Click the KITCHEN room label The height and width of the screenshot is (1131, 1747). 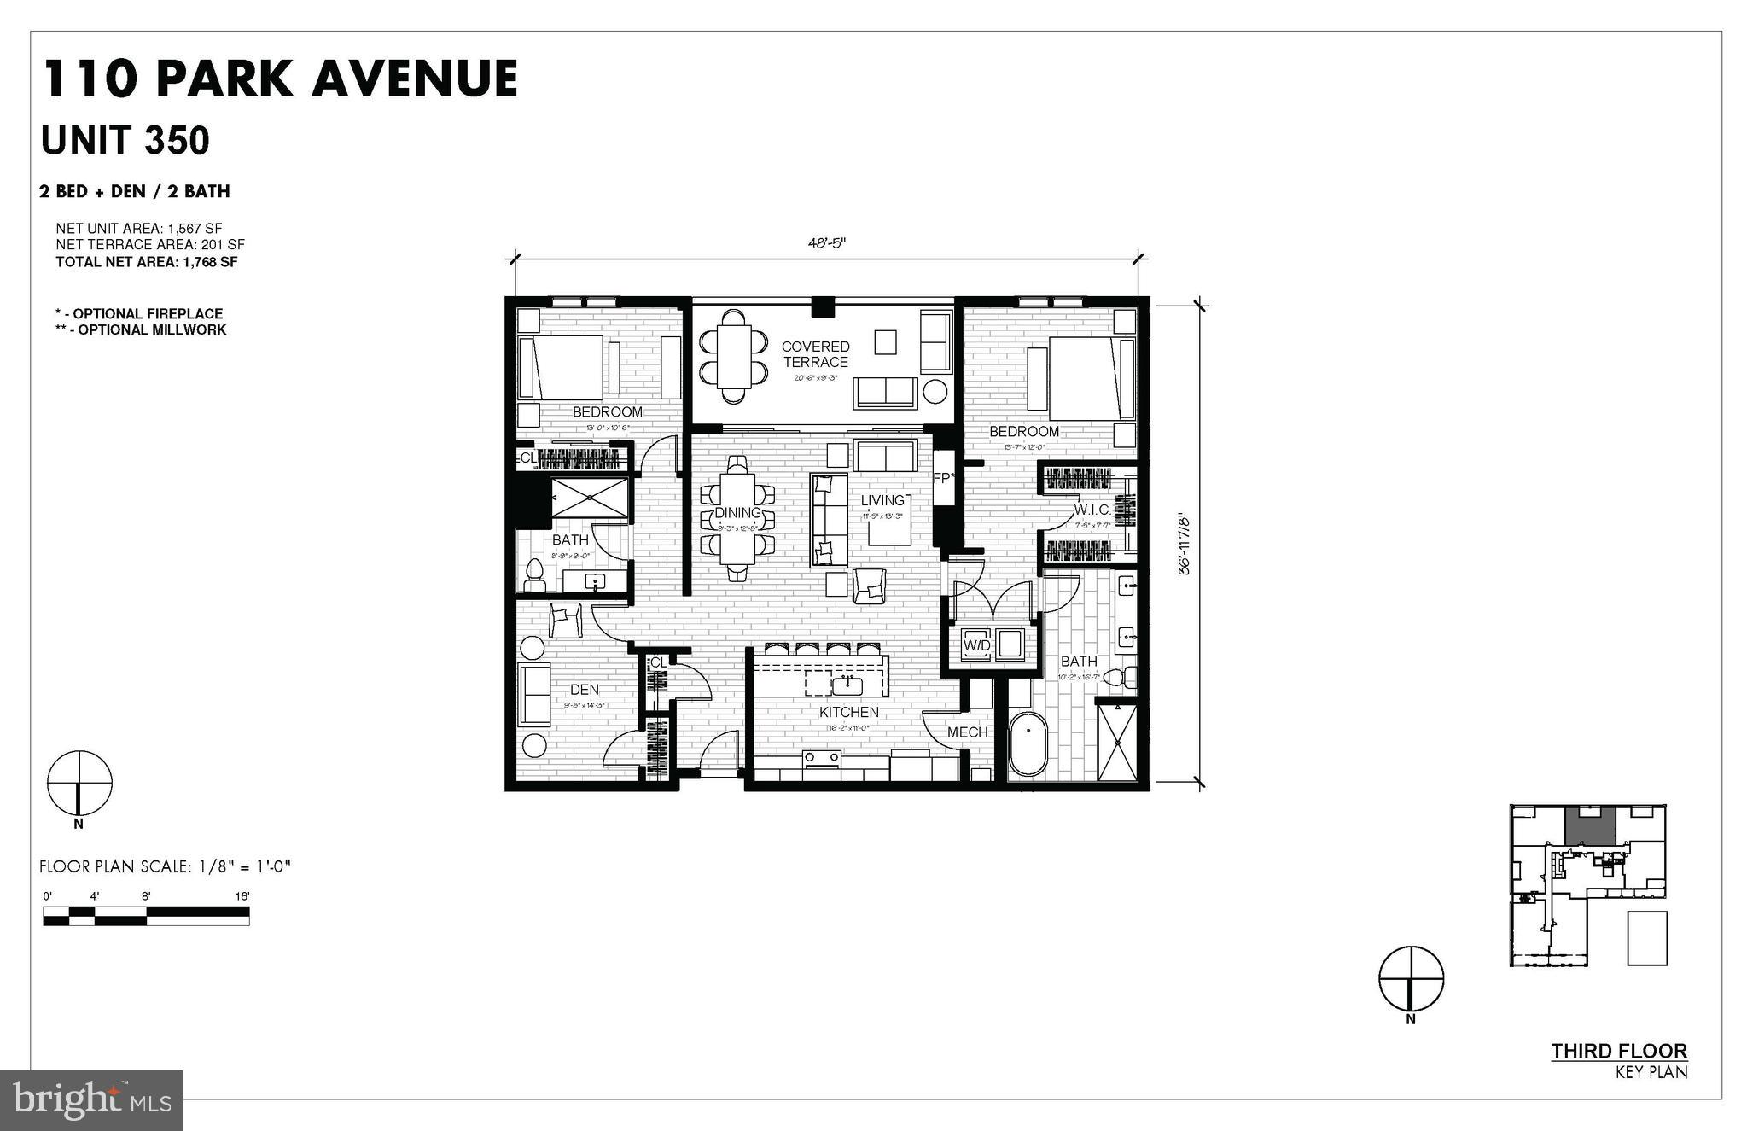coord(848,712)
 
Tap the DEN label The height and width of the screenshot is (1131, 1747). coord(585,690)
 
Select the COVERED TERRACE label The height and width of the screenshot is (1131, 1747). coord(815,354)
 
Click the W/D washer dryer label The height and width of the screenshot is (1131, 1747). coord(977,645)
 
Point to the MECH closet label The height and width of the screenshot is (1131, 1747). coord(967,732)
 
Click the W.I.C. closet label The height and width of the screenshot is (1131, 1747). coord(1092,510)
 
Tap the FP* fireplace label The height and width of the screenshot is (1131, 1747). coord(942,478)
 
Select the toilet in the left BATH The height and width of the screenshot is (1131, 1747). coord(535,574)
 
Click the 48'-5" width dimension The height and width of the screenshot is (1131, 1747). coord(826,243)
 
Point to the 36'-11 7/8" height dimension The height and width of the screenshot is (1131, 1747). coord(1185,544)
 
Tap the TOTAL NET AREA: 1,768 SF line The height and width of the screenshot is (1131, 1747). coord(147,262)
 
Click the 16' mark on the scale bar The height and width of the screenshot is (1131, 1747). coord(243,896)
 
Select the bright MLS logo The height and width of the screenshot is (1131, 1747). coord(90,1100)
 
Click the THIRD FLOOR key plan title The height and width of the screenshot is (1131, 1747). coord(1618,1051)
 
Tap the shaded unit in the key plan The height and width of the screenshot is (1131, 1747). coord(1589,826)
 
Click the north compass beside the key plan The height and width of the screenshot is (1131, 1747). coord(1411,978)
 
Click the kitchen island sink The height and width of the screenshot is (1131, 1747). coord(848,685)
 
